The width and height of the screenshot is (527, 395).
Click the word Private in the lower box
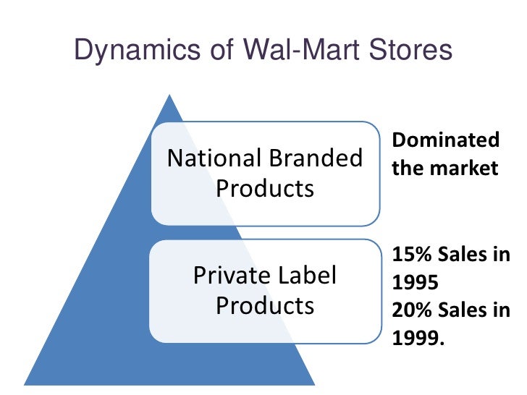click(x=224, y=276)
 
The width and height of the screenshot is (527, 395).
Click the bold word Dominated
click(x=446, y=140)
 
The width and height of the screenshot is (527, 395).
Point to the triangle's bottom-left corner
click(x=26, y=383)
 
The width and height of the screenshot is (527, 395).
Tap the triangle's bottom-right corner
click(x=314, y=383)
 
